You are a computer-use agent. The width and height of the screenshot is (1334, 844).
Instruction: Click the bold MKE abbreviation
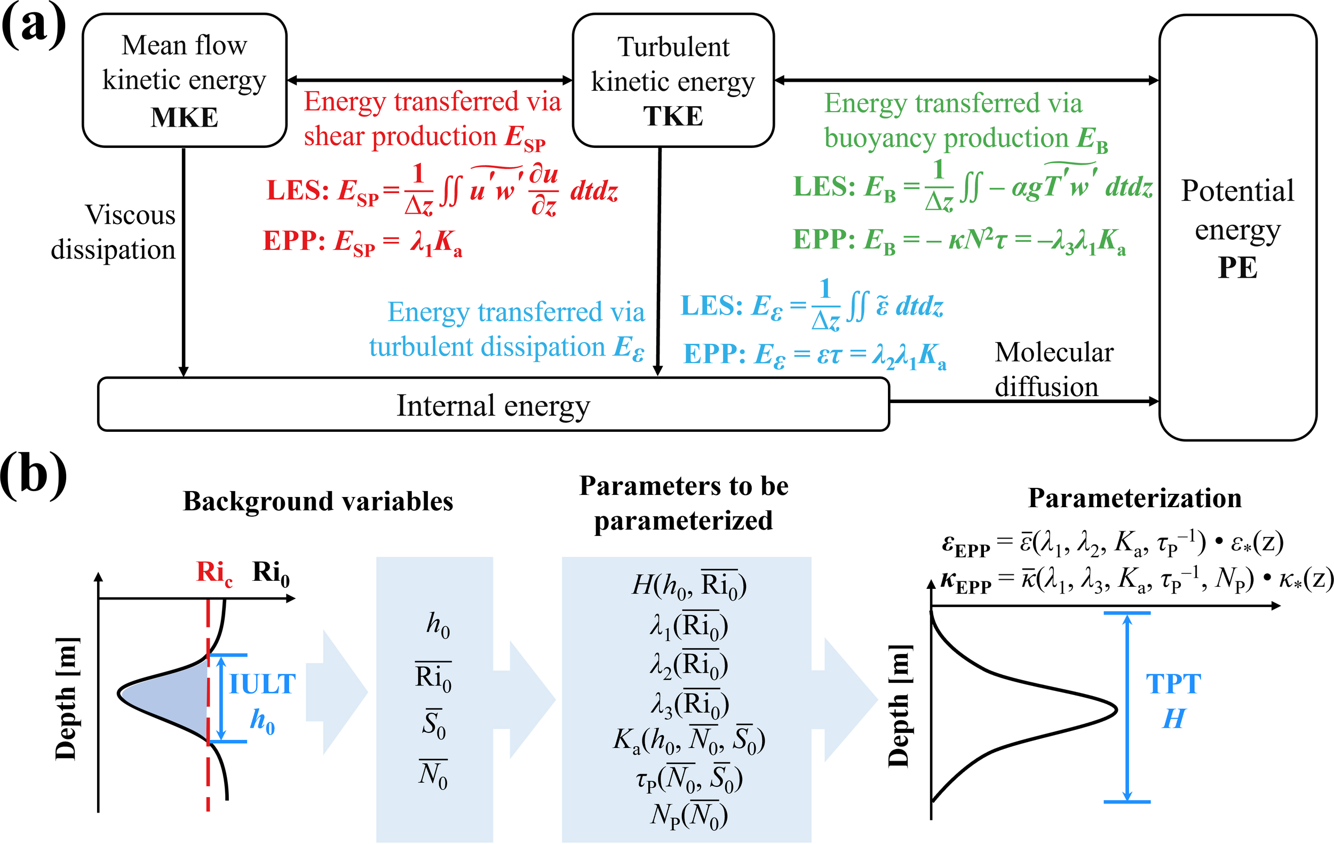[185, 117]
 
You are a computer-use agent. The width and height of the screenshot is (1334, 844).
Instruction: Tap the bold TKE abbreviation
[672, 116]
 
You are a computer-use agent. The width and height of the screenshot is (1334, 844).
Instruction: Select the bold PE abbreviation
[1237, 267]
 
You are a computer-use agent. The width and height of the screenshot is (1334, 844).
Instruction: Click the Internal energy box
[493, 405]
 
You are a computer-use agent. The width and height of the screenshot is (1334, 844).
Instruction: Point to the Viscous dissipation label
[114, 232]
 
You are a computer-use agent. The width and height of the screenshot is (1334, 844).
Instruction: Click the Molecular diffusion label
[1053, 369]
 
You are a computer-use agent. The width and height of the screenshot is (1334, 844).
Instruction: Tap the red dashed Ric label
[214, 572]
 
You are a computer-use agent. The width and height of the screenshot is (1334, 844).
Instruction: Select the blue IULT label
[263, 684]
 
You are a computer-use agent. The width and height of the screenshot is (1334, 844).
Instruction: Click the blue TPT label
[1173, 684]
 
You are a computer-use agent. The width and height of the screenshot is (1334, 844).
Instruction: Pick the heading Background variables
[318, 501]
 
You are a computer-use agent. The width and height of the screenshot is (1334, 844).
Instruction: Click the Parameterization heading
[1134, 498]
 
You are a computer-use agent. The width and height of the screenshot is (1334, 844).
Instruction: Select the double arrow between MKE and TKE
[430, 81]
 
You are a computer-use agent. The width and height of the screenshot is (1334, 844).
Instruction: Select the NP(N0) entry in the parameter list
[688, 815]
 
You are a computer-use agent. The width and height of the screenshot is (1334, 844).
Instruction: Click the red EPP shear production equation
[362, 242]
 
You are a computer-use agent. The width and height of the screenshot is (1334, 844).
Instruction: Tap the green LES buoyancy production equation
[972, 187]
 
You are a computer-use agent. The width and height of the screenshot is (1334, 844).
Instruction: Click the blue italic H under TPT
[1173, 719]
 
